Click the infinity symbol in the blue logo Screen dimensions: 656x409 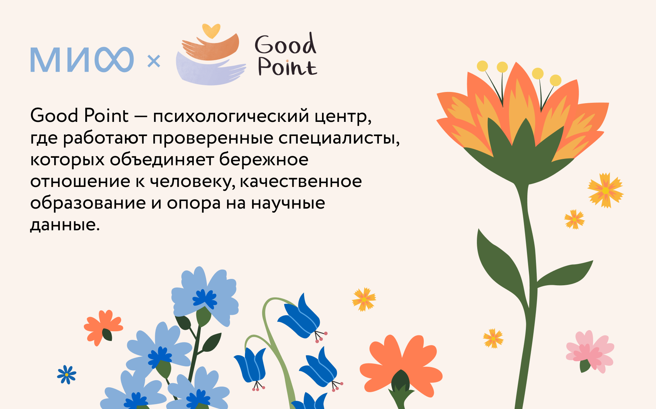(x=114, y=59)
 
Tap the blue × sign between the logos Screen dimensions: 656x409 (x=154, y=61)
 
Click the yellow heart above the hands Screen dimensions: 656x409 (x=211, y=31)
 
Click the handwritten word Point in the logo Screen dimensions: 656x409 (x=287, y=66)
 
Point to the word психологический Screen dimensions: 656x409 (x=231, y=116)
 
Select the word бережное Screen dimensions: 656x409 (x=264, y=160)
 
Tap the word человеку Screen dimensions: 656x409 (x=193, y=182)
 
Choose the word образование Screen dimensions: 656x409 (x=88, y=203)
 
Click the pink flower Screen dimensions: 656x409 (x=590, y=352)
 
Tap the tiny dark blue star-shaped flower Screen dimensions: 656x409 (x=67, y=374)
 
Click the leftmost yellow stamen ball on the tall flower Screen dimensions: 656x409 (x=482, y=66)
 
